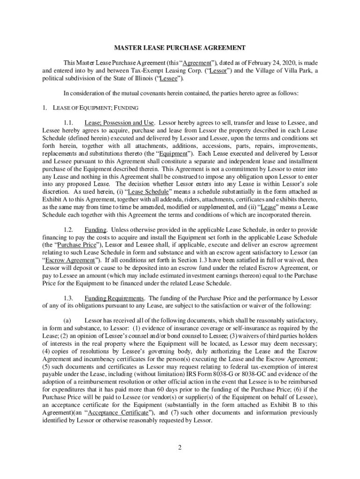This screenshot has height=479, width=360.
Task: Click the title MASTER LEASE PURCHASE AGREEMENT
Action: click(180, 48)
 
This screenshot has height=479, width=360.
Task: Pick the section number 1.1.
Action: click(69, 123)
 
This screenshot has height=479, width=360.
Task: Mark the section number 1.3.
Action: click(69, 298)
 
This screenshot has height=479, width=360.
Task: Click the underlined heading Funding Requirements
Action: click(114, 298)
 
